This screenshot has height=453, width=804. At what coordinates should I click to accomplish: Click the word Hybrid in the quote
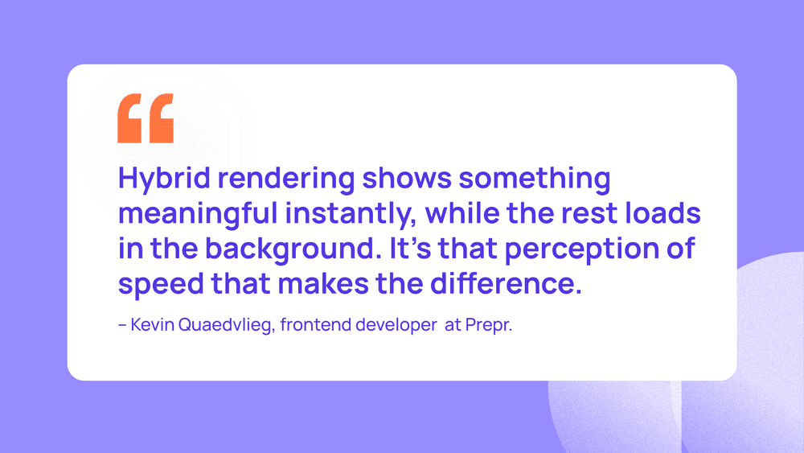pyautogui.click(x=164, y=179)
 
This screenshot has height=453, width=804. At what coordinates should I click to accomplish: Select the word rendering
pyautogui.click(x=286, y=179)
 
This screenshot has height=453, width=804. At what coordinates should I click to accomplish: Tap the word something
pyautogui.click(x=535, y=179)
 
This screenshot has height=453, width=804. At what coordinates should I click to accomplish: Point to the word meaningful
pyautogui.click(x=198, y=214)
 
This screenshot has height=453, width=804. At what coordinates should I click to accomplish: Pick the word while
pyautogui.click(x=462, y=213)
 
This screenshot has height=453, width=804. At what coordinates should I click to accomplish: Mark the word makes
pyautogui.click(x=323, y=284)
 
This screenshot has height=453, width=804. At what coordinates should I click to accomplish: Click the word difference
pyautogui.click(x=506, y=284)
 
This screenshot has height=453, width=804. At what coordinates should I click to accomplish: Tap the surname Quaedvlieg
pyautogui.click(x=227, y=325)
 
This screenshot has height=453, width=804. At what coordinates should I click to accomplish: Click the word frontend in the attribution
pyautogui.click(x=315, y=325)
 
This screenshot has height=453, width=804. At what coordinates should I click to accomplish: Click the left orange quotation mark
pyautogui.click(x=129, y=118)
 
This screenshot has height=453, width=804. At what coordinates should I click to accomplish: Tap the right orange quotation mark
pyautogui.click(x=162, y=118)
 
